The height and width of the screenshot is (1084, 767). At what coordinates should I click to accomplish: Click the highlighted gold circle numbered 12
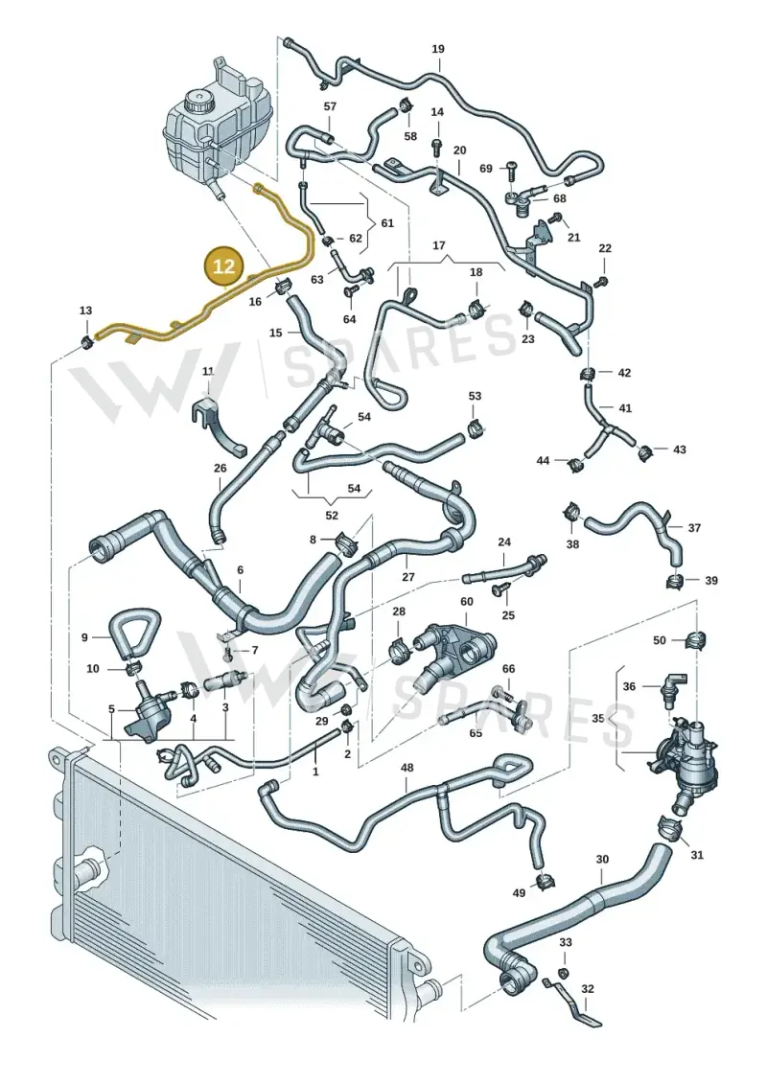click(224, 265)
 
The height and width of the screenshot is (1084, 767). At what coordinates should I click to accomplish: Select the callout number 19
click(438, 49)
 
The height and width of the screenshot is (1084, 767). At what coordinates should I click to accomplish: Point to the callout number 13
click(85, 311)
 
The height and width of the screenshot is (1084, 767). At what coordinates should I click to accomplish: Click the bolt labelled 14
click(436, 145)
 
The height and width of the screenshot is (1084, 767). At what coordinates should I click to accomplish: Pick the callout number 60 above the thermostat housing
click(467, 602)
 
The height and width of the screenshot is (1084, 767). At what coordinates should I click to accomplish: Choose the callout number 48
click(407, 768)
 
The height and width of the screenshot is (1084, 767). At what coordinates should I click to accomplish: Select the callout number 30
click(602, 860)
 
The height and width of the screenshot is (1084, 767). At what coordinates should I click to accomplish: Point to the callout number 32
click(587, 989)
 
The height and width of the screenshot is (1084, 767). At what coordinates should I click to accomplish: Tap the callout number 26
click(220, 468)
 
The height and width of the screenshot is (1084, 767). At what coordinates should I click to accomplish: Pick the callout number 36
click(629, 686)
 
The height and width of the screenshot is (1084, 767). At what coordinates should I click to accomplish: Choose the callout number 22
click(605, 248)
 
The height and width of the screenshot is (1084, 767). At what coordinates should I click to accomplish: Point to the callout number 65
click(476, 733)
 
